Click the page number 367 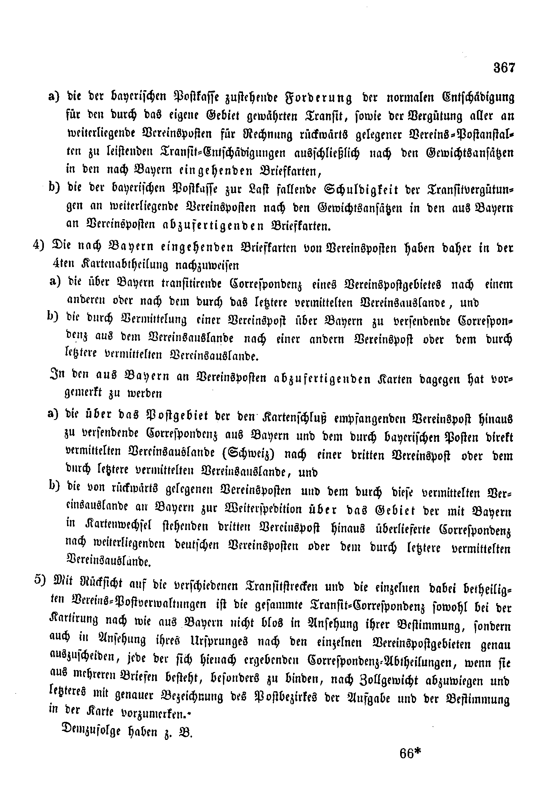tap(504, 68)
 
